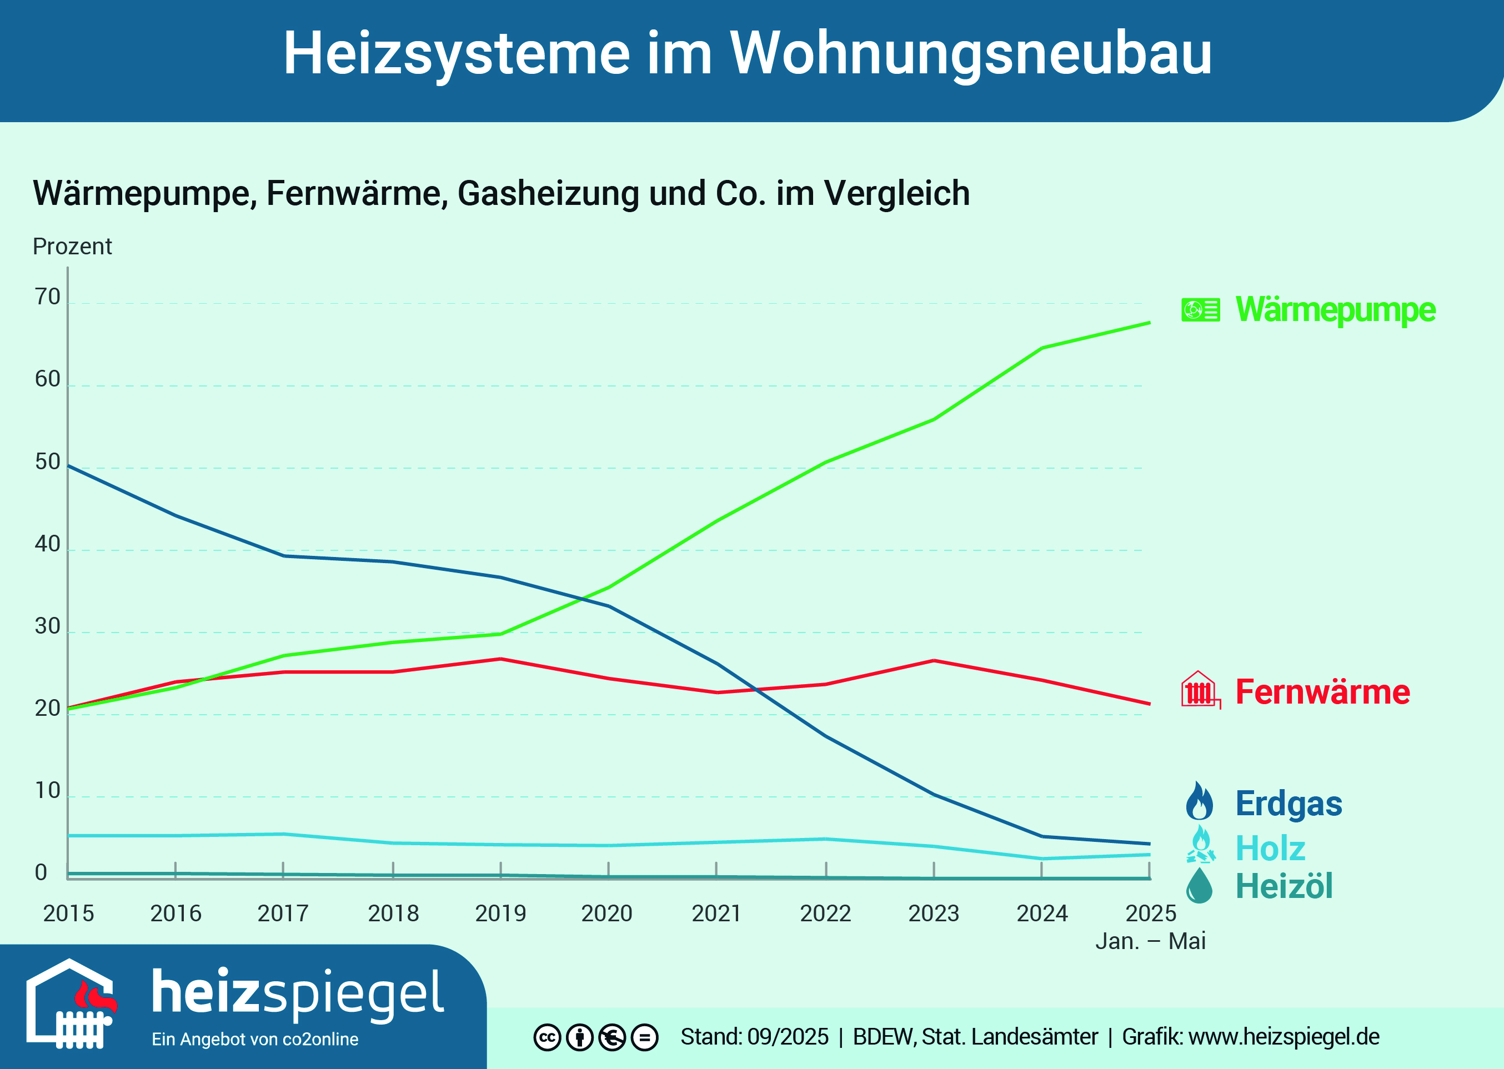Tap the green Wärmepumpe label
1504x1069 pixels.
(1335, 309)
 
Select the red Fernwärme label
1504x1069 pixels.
(1322, 692)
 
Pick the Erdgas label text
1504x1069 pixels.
(1288, 804)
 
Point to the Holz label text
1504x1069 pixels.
(1270, 848)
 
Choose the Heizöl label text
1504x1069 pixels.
(1284, 886)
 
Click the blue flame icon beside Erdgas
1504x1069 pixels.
(1199, 801)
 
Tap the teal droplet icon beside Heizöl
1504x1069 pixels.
(1199, 886)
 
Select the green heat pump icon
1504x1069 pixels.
(1200, 309)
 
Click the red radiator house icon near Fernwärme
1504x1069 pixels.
(1200, 690)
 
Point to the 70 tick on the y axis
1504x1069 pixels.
(47, 298)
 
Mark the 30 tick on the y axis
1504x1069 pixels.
(47, 626)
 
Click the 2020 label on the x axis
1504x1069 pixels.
(606, 914)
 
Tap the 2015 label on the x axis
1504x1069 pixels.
(68, 914)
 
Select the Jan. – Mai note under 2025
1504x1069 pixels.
(1150, 941)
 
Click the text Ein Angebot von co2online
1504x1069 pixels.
(255, 1040)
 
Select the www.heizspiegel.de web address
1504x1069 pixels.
(1284, 1037)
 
